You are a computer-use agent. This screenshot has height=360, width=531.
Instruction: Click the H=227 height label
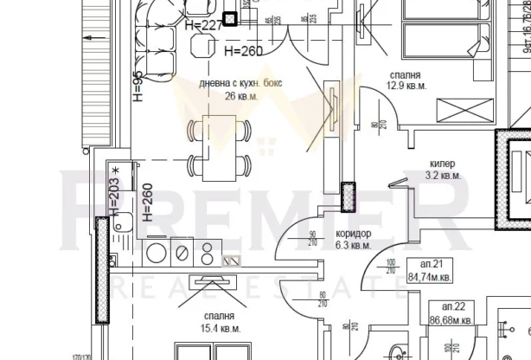[204, 25]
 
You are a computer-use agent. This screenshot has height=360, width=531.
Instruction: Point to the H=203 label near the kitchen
[113, 196]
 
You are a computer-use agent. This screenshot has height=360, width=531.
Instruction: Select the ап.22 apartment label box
[453, 314]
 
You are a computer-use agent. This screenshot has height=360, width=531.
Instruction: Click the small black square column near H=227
[230, 18]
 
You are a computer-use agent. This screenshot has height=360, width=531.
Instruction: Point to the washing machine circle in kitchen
[157, 253]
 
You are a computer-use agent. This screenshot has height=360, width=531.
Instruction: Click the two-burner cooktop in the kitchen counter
[208, 252]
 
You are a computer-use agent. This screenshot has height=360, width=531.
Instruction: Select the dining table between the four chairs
[216, 148]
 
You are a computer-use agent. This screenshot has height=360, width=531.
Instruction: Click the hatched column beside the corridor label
[349, 197]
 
